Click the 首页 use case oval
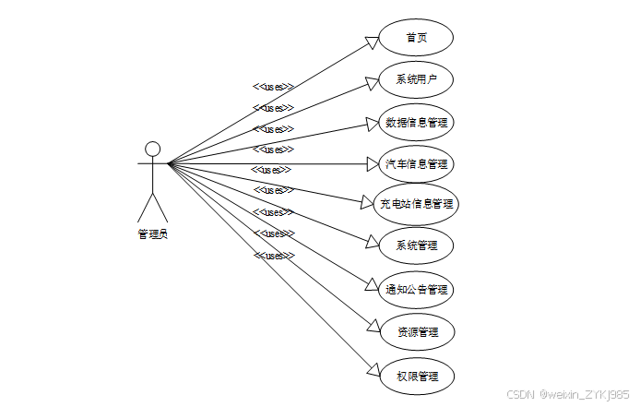click(x=417, y=39)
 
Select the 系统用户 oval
click(x=417, y=80)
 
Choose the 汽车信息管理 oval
click(x=417, y=164)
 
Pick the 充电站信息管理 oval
click(x=417, y=204)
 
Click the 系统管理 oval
click(x=417, y=246)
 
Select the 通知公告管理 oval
click(x=417, y=289)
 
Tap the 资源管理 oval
click(x=417, y=331)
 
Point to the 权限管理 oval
click(x=417, y=376)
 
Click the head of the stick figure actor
click(x=153, y=149)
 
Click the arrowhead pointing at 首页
click(x=373, y=41)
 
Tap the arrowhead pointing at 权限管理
click(x=373, y=370)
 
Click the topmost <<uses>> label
click(x=273, y=87)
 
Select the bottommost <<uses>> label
click(x=273, y=256)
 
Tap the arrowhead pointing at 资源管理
click(x=373, y=327)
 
